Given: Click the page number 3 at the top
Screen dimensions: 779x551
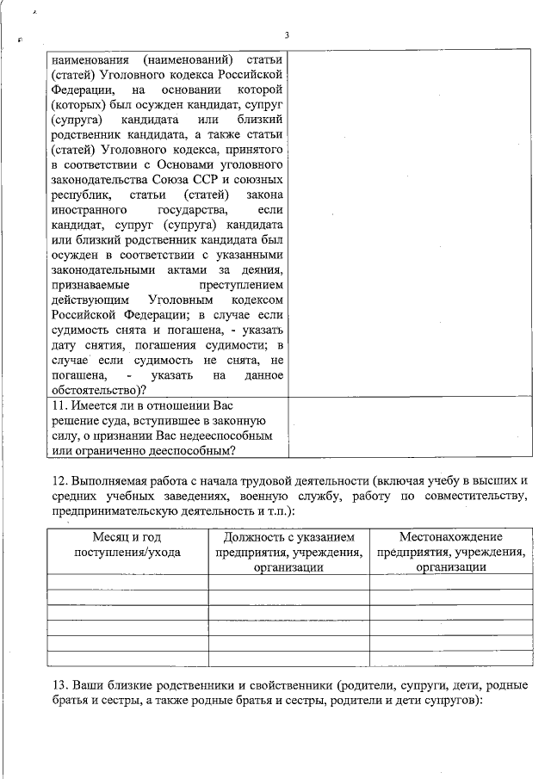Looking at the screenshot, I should click(x=286, y=35).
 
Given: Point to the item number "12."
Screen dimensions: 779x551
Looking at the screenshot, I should click(x=60, y=479).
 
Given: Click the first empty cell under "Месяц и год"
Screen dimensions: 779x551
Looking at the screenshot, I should click(x=127, y=582).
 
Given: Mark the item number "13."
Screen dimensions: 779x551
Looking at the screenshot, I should click(x=60, y=685).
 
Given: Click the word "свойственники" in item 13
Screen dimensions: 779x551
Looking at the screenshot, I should click(x=284, y=685).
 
